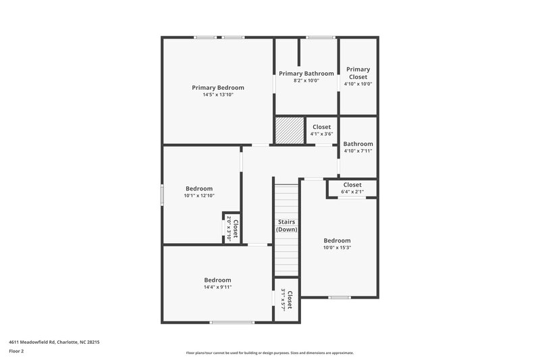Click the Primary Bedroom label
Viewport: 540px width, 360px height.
pos(217,88)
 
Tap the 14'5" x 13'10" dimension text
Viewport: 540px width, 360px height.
pos(217,95)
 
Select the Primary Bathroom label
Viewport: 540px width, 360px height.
pos(306,74)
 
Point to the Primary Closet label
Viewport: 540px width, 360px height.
pos(358,73)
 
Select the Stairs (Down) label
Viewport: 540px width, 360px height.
pos(286,226)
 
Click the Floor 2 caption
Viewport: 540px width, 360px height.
pos(16,351)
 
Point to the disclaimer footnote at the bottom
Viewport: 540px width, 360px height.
pos(269,353)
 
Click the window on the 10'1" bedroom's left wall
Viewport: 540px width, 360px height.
pos(161,194)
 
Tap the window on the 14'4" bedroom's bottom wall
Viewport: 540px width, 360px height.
pos(232,322)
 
